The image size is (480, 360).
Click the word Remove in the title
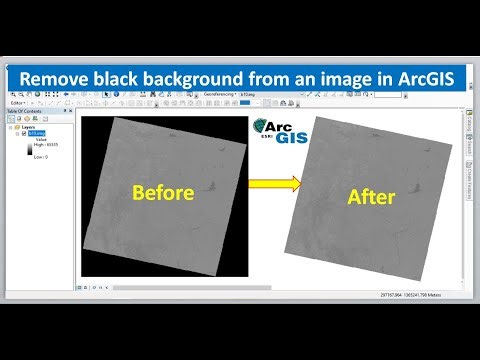[63, 77]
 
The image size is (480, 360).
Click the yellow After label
[372, 197]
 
